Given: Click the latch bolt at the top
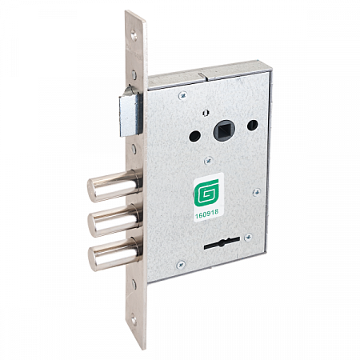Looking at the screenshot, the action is [x=130, y=112].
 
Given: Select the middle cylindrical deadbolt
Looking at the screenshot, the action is [x=114, y=221].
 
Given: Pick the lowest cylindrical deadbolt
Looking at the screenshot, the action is [x=114, y=254].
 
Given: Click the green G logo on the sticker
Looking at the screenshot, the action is [x=206, y=193].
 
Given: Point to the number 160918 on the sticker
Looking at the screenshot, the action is [x=206, y=214].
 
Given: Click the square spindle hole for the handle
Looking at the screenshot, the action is [x=224, y=130].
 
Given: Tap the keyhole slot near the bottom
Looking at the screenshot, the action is [x=222, y=243].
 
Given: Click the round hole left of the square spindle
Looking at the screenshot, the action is [x=194, y=136].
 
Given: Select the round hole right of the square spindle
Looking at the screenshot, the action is [x=252, y=125].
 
